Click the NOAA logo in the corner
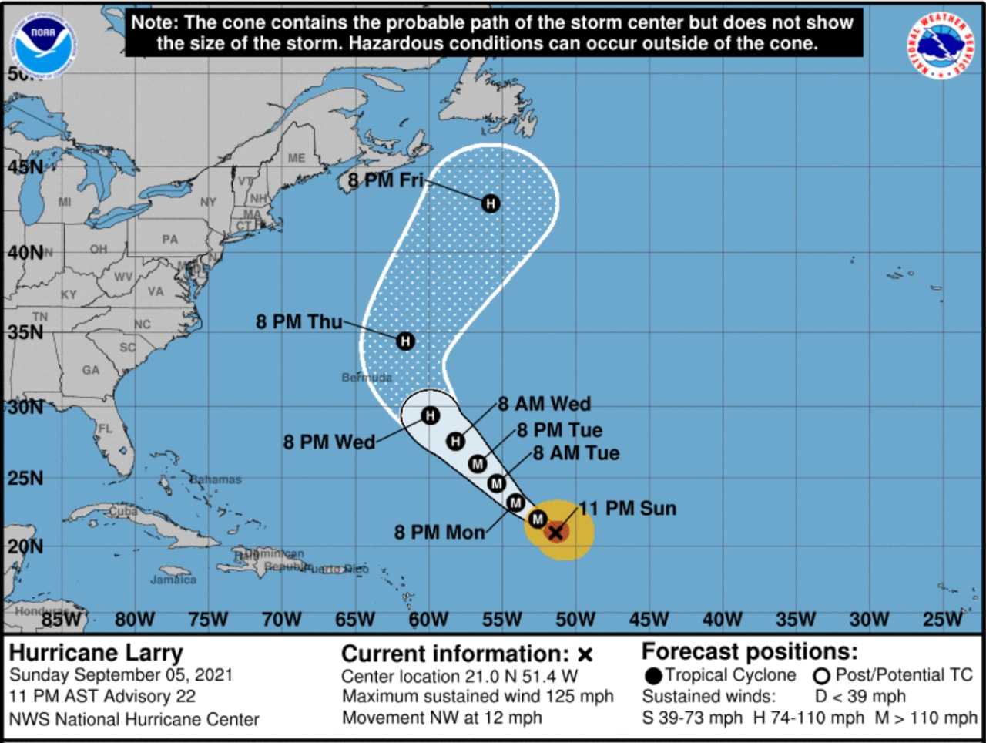click(44, 43)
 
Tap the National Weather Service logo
click(941, 45)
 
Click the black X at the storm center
click(555, 533)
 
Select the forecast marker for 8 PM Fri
click(491, 203)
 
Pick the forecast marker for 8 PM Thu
click(405, 341)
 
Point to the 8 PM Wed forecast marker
click(430, 416)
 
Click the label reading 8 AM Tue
click(576, 453)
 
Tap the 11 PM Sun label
click(628, 509)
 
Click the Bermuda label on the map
click(367, 378)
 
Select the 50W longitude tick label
click(575, 620)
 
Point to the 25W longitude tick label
click(942, 620)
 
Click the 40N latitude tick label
click(25, 253)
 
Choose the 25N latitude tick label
click(25, 479)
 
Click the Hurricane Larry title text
click(96, 653)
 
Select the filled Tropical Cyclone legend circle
click(654, 677)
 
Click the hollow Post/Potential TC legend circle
click(822, 677)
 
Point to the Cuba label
click(123, 511)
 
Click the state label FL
click(105, 429)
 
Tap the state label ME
click(297, 158)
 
